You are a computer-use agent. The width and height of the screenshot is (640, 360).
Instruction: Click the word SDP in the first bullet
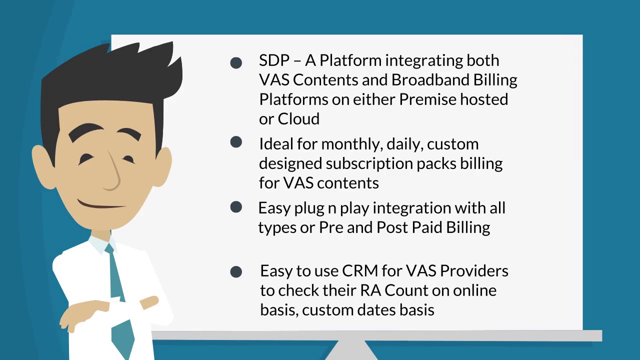click(x=274, y=60)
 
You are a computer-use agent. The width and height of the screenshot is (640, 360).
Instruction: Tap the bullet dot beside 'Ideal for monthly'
click(x=236, y=142)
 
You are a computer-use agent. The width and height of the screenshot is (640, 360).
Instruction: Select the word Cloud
click(x=298, y=119)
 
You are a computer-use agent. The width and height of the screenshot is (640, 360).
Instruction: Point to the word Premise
click(x=427, y=99)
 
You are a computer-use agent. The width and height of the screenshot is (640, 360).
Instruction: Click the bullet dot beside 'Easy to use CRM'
click(x=236, y=271)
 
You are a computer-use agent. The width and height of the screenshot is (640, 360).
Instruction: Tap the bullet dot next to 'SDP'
click(x=236, y=62)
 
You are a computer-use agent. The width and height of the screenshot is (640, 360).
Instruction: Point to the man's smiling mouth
click(x=102, y=204)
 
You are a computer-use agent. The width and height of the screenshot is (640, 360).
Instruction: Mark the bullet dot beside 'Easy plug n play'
click(x=236, y=207)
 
